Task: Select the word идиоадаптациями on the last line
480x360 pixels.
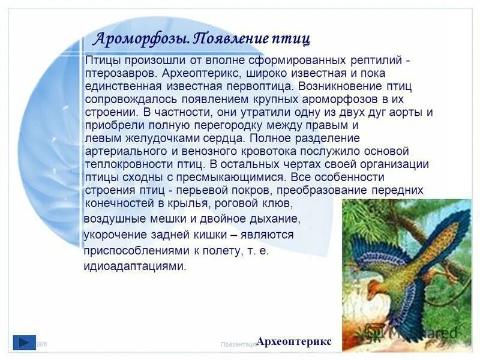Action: pos(135,266)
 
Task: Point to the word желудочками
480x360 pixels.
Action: pos(140,137)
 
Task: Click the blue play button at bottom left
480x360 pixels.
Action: pos(23,342)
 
